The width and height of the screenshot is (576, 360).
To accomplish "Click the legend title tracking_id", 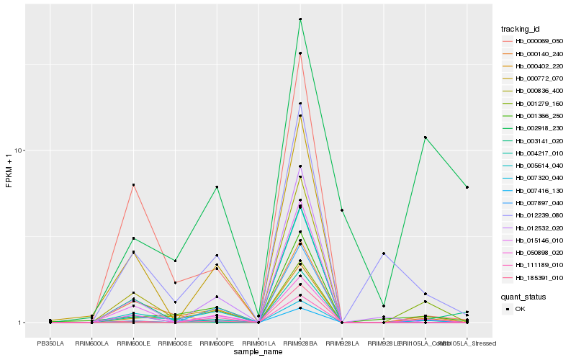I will (521, 29).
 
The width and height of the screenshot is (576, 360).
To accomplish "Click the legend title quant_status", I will (523, 295).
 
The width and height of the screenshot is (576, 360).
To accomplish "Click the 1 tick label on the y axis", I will (22, 323).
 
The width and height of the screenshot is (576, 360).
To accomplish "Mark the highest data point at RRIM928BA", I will (300, 19).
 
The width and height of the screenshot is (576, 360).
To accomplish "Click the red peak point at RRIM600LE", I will (133, 185).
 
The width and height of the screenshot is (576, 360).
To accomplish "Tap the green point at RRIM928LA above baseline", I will (342, 210).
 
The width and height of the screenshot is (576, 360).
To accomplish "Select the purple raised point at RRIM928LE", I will (384, 253).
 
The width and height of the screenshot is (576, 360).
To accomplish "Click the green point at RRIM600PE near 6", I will (217, 187).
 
